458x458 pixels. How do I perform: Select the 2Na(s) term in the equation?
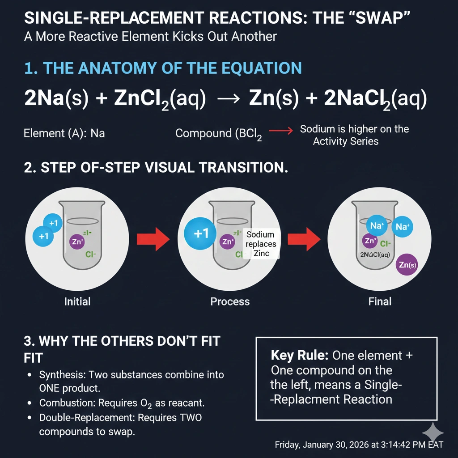point(58,99)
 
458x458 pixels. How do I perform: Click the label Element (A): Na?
point(64,133)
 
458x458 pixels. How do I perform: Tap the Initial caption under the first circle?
point(77,301)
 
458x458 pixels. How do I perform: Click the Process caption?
point(230,301)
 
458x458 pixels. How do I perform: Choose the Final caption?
point(380,301)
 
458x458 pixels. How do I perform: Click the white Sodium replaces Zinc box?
point(260,244)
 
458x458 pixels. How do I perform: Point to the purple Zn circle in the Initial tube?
point(77,242)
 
